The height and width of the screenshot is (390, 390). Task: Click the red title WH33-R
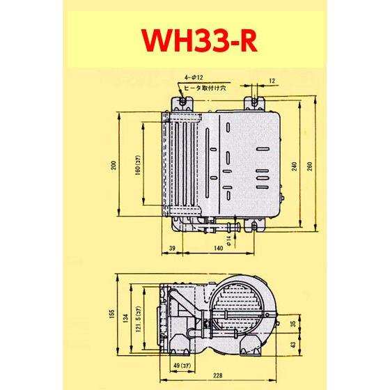click(x=194, y=41)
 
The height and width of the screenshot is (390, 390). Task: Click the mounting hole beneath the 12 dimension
click(x=257, y=102)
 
